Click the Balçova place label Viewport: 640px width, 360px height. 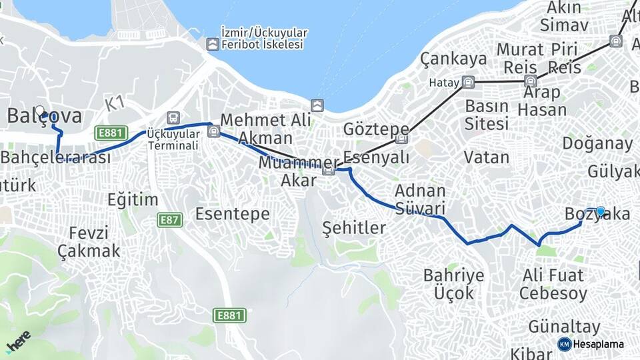tap(45, 115)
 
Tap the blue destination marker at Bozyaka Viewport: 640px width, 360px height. tap(601, 212)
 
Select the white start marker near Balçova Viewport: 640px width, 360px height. tap(39, 111)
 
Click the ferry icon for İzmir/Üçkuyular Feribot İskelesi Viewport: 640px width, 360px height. tap(212, 45)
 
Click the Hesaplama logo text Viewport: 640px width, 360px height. tap(599, 344)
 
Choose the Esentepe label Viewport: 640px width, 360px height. tap(232, 214)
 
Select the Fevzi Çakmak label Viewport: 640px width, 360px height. tap(88, 242)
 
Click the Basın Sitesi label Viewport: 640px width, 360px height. tap(487, 115)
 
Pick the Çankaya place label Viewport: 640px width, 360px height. tap(453, 59)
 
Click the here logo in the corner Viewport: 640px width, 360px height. tap(18, 341)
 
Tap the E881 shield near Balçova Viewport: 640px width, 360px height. tap(111, 133)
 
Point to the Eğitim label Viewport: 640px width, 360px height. tap(133, 199)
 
